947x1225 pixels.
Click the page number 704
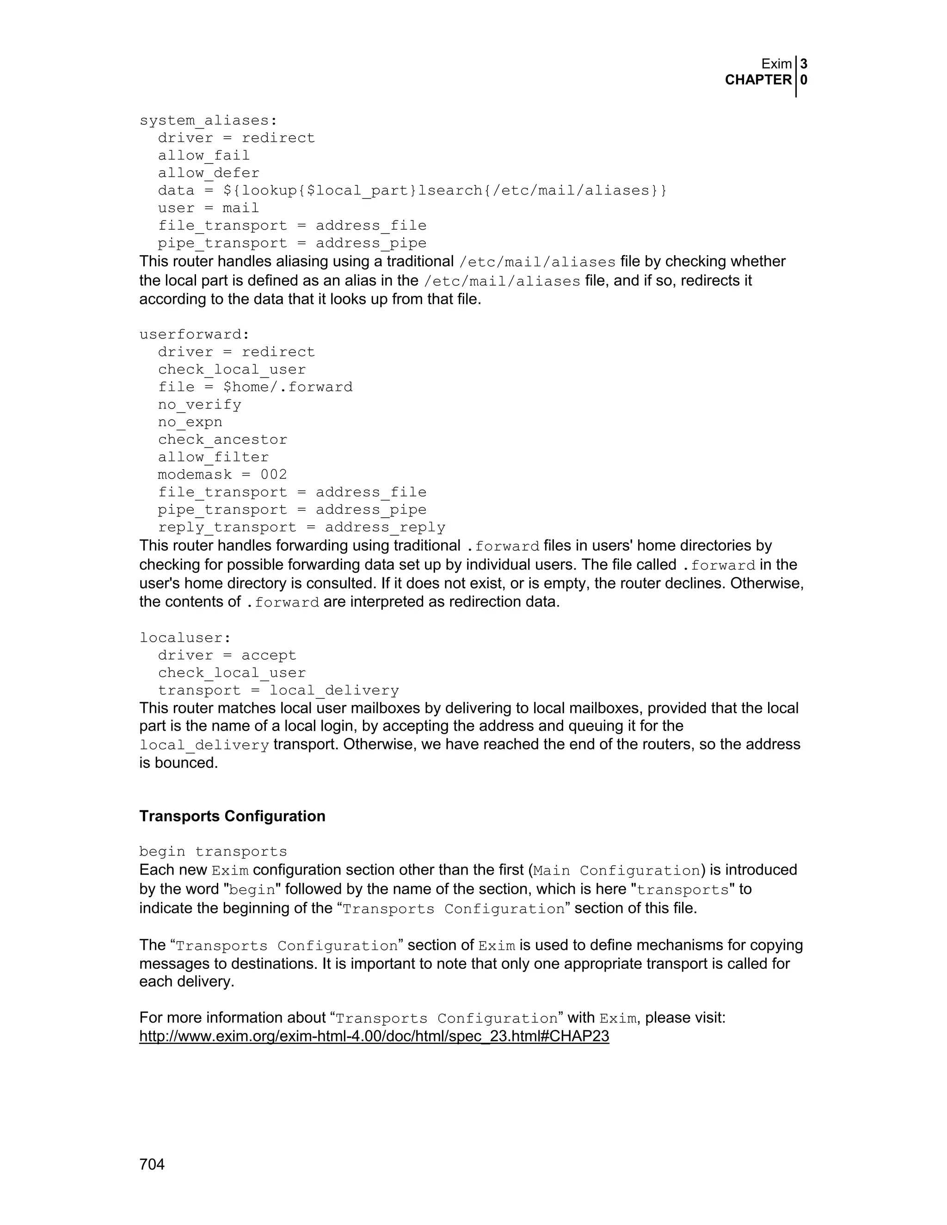(x=152, y=1164)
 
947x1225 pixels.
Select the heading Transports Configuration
(x=232, y=816)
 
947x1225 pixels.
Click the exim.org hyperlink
(x=374, y=1036)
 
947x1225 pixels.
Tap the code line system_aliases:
(x=208, y=121)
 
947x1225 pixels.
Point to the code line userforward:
(x=194, y=334)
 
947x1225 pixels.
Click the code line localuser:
(x=185, y=638)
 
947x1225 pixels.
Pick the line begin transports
(x=213, y=851)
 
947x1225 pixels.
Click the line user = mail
(x=208, y=208)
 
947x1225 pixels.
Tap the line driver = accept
(x=227, y=655)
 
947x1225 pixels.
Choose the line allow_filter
(x=213, y=457)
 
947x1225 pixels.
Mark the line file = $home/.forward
(x=255, y=387)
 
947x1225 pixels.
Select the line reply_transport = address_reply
(x=301, y=527)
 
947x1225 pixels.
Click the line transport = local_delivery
(x=278, y=691)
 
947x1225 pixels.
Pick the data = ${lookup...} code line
(x=412, y=191)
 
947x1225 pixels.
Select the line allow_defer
(x=208, y=173)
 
